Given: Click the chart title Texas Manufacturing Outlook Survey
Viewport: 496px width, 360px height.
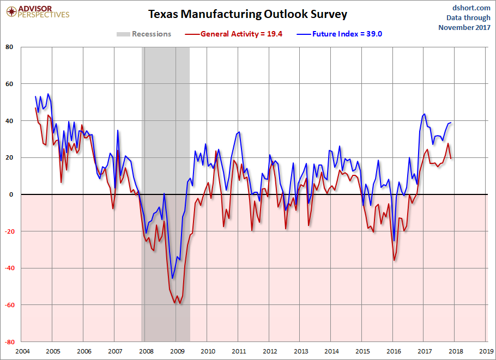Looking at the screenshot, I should (x=247, y=14).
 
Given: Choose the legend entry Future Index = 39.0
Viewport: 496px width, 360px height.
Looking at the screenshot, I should (x=339, y=34).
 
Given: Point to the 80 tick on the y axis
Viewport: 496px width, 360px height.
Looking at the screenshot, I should (x=9, y=47).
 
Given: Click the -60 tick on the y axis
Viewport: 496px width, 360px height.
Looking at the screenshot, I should (x=8, y=305).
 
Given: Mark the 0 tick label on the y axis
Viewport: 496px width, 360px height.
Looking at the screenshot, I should (x=11, y=194).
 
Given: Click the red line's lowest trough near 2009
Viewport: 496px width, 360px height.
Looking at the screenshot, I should (x=179, y=303).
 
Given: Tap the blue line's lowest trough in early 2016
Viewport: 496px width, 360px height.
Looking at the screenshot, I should (x=394, y=241).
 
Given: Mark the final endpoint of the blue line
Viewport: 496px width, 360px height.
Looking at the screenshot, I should (x=451, y=123).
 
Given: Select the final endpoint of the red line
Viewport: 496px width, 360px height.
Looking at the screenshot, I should (x=451, y=158).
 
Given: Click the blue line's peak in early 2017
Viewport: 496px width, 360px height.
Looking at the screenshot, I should (x=424, y=114).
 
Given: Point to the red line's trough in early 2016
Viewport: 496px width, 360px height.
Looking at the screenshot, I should (x=394, y=260).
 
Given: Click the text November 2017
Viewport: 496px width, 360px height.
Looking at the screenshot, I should (x=464, y=27).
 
